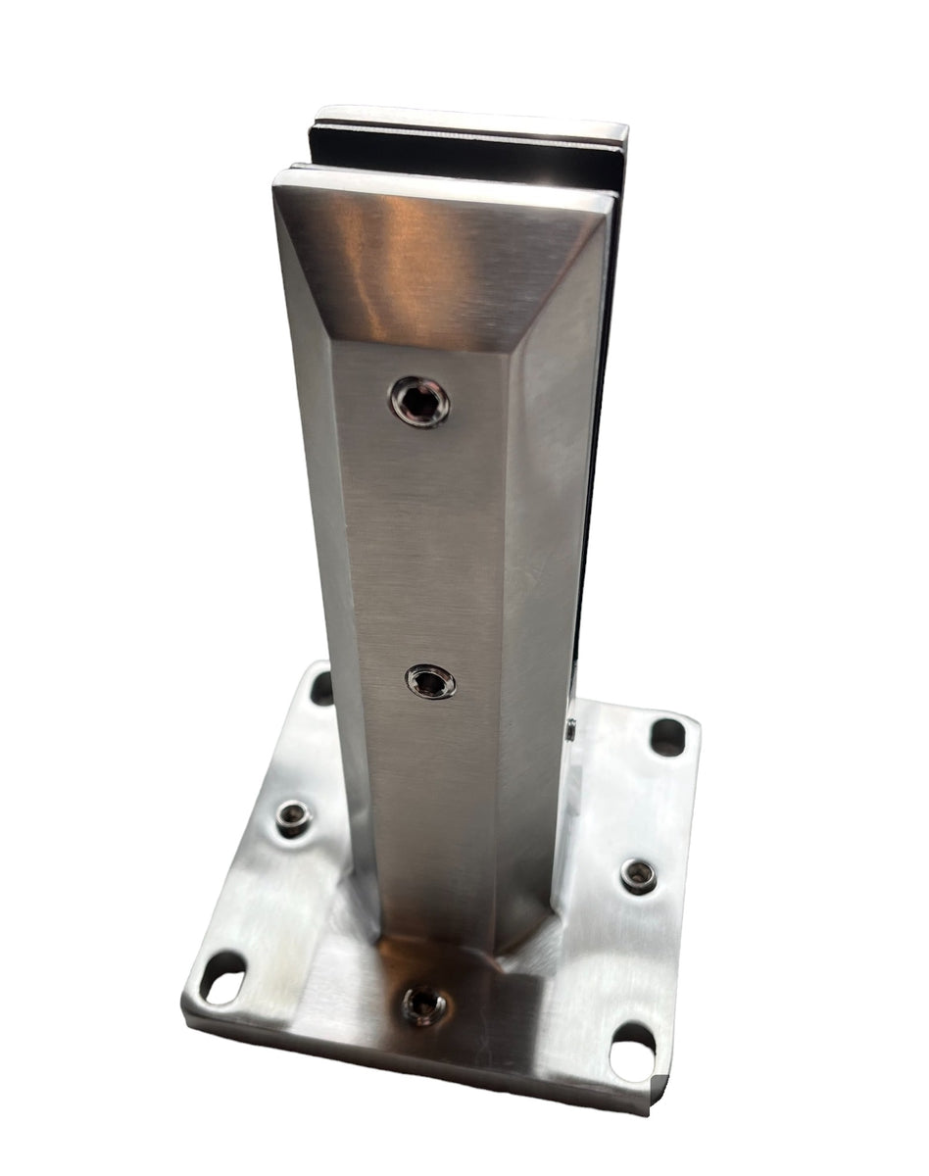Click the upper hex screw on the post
(419, 401)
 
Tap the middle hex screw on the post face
(431, 681)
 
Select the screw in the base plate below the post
(424, 1004)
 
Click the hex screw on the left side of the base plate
(292, 818)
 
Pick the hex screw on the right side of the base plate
(638, 875)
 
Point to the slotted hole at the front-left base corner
(224, 978)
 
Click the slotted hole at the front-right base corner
(631, 1052)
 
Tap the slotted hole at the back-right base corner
(667, 737)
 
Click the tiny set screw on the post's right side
(570, 727)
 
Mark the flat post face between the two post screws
(426, 539)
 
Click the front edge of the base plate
(412, 1063)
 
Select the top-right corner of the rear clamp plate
(623, 128)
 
